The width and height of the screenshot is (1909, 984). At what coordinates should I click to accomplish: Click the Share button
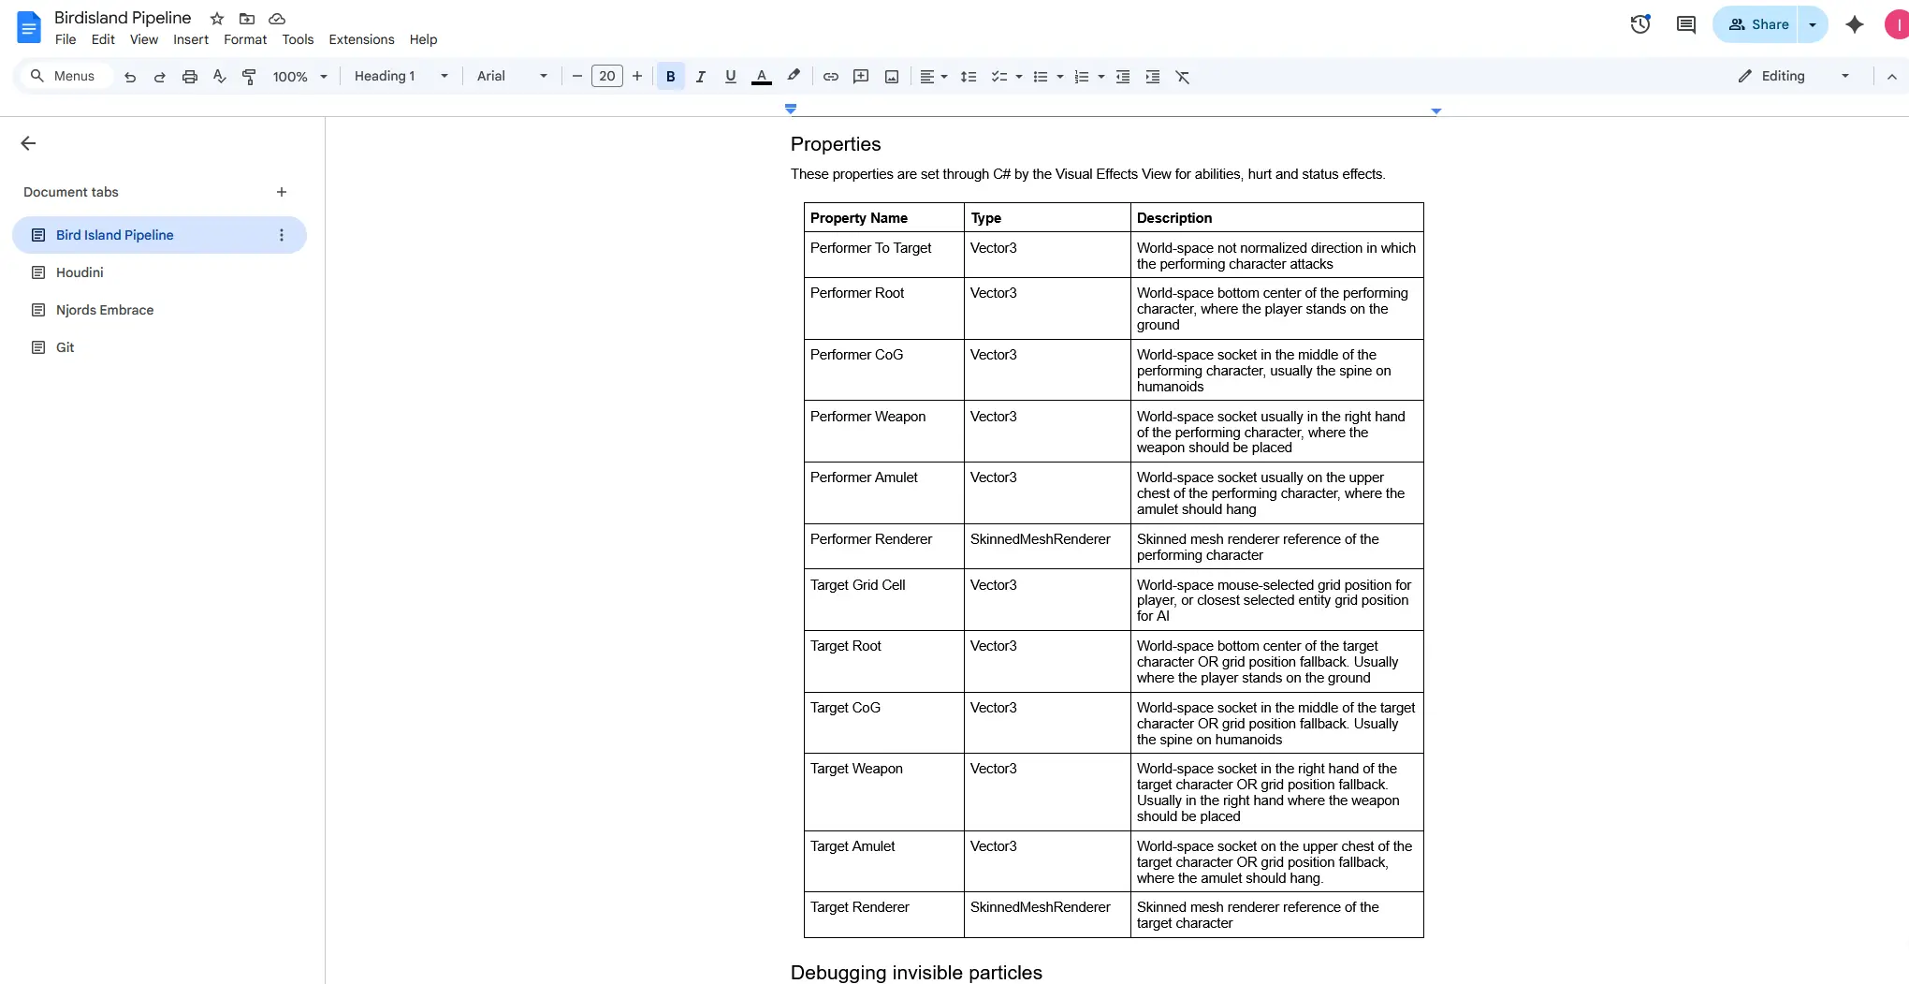(x=1757, y=24)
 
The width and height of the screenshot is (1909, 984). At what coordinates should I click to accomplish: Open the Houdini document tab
(x=80, y=272)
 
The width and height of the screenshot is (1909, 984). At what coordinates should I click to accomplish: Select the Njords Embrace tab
(x=104, y=310)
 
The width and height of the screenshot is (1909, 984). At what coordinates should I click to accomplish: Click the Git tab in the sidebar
(x=65, y=347)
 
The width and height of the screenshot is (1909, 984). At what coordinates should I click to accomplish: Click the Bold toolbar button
(x=670, y=77)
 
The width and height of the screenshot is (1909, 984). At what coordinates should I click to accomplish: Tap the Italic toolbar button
(x=700, y=77)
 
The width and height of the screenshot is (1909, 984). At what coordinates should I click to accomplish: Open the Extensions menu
(x=361, y=39)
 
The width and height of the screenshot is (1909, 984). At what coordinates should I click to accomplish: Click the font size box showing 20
(x=606, y=77)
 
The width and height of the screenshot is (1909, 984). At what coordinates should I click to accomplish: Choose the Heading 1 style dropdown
(x=401, y=77)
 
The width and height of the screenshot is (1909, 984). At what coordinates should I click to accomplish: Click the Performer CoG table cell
(x=856, y=355)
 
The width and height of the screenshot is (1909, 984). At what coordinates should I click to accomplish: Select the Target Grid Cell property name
(x=857, y=585)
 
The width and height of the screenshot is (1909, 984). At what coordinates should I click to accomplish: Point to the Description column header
(x=1173, y=218)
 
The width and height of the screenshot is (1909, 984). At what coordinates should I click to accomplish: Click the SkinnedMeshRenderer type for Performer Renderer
(x=1040, y=539)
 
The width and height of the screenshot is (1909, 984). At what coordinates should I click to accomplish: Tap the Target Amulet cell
(x=852, y=846)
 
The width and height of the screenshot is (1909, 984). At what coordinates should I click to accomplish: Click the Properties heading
(x=836, y=144)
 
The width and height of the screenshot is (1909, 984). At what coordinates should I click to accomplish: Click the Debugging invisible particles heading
(x=916, y=973)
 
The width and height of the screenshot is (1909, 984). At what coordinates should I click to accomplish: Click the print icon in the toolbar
(x=190, y=77)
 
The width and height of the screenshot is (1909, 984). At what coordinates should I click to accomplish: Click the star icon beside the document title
(x=217, y=19)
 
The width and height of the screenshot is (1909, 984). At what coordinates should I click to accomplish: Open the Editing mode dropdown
(x=1793, y=77)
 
